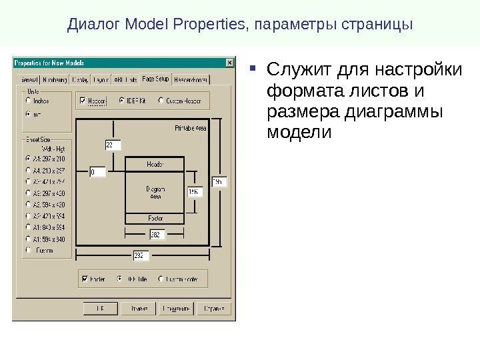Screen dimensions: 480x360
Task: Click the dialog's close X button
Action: click(230, 63)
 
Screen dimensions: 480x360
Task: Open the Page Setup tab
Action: click(155, 79)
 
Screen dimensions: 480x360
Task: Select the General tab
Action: click(26, 79)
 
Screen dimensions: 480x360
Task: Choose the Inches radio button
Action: click(28, 101)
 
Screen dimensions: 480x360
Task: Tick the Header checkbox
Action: click(83, 101)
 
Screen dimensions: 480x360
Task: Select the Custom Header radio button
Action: click(161, 101)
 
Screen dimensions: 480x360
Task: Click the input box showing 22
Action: click(113, 145)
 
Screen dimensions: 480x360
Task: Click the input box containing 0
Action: click(97, 172)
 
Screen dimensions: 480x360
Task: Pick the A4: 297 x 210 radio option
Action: click(28, 159)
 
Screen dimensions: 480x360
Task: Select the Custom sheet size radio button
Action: click(28, 250)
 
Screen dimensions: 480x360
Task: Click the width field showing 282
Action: click(157, 235)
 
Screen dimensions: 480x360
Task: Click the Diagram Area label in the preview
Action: click(155, 193)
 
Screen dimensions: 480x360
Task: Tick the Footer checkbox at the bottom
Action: click(84, 279)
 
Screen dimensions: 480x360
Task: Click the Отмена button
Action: click(138, 308)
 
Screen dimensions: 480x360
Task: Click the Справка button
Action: click(215, 308)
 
